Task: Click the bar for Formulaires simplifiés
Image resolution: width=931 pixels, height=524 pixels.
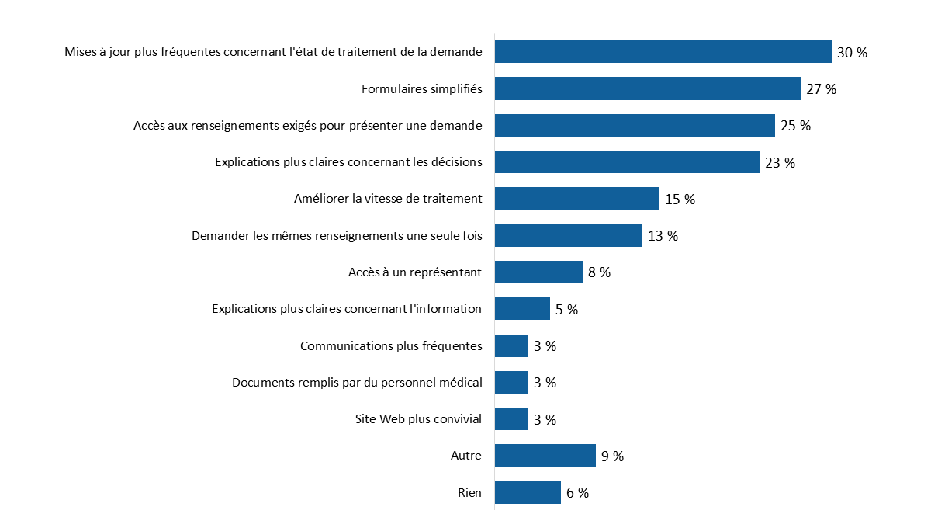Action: click(x=647, y=88)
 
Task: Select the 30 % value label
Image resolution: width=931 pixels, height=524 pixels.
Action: click(x=852, y=53)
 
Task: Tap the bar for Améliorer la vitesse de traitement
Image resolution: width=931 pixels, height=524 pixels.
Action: click(x=576, y=199)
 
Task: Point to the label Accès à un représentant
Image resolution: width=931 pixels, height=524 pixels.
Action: click(x=415, y=272)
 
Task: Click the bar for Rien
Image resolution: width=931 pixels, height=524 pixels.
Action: click(x=528, y=493)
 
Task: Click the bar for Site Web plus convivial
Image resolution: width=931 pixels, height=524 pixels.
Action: click(x=511, y=419)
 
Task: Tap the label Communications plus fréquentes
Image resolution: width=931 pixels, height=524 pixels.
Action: click(x=391, y=345)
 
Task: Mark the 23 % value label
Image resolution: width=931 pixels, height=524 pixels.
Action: click(x=780, y=163)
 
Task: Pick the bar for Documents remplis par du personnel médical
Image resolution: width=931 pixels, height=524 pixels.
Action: click(x=511, y=383)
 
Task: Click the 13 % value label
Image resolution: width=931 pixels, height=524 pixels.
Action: click(x=663, y=236)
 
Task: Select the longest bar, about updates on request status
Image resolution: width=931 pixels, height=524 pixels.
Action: click(x=663, y=52)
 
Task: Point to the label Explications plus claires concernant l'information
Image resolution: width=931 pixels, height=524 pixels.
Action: click(x=347, y=309)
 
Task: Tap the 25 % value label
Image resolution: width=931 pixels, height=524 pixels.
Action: click(x=795, y=126)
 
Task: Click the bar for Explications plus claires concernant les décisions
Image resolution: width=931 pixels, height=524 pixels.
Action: click(x=627, y=162)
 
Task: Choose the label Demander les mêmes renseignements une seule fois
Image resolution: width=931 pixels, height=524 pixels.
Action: click(x=337, y=235)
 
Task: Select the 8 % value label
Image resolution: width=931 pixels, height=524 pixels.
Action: click(x=599, y=272)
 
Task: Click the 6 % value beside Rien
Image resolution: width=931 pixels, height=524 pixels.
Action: click(x=577, y=493)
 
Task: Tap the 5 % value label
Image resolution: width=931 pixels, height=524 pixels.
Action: click(x=566, y=310)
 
